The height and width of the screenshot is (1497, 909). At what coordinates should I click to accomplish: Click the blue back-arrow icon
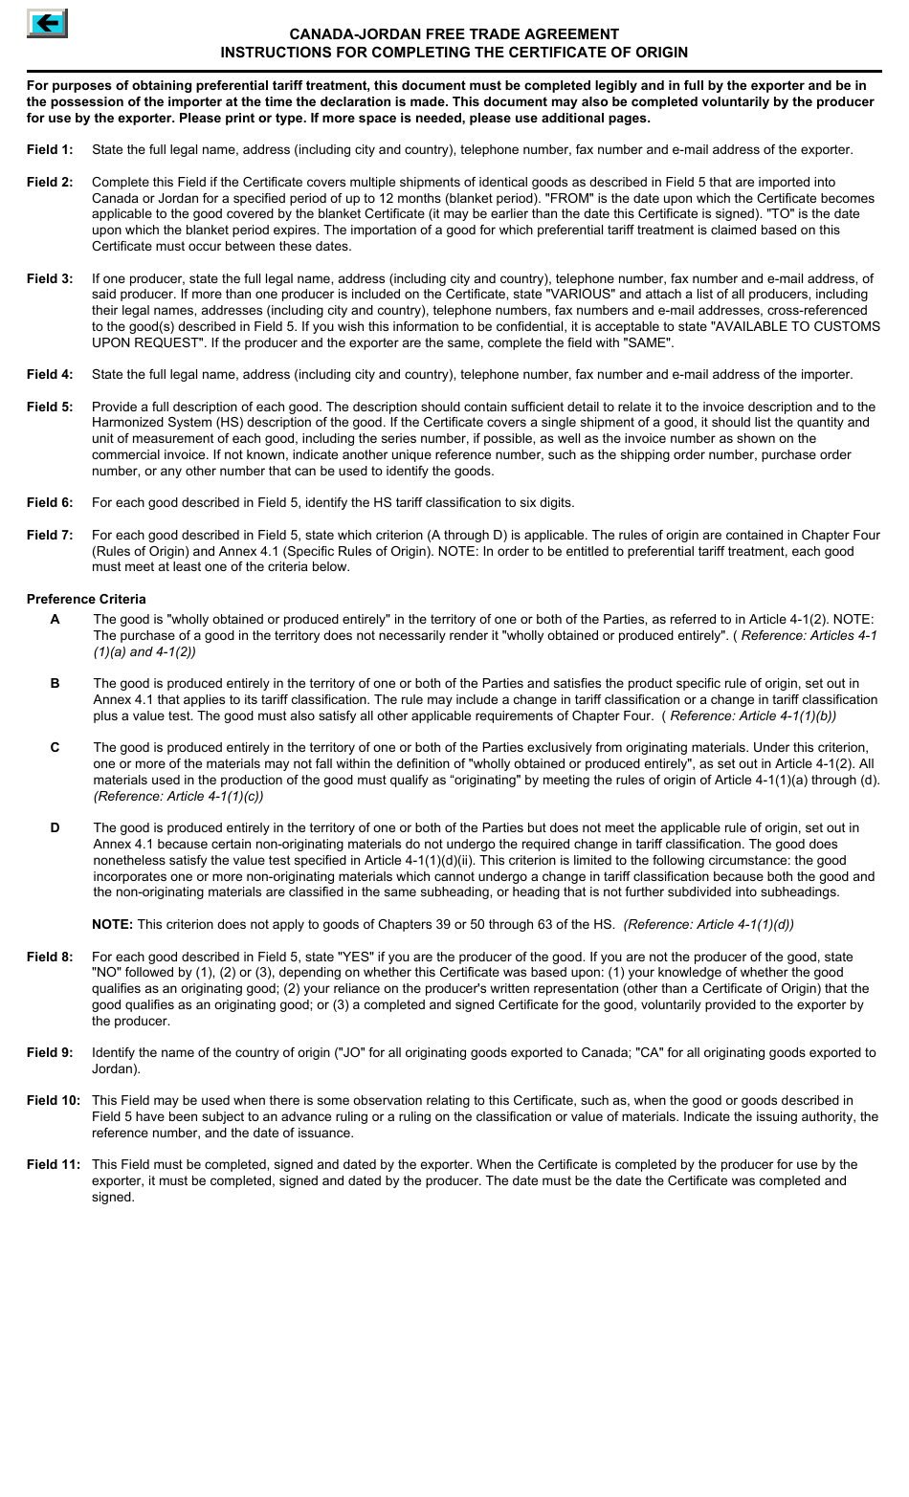click(x=47, y=22)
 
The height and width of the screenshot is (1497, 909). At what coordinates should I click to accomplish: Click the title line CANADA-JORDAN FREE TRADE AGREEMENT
click(x=454, y=34)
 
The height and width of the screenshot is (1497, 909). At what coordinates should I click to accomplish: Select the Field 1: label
click(x=50, y=150)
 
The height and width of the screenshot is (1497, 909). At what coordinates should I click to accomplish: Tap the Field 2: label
click(x=50, y=183)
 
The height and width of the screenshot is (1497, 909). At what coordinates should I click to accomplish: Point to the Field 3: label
click(x=50, y=279)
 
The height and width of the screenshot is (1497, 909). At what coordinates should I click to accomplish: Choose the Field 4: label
click(x=50, y=375)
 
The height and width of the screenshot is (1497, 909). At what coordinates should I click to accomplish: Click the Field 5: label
click(x=50, y=407)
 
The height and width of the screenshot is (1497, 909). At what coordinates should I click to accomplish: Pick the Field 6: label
click(x=50, y=503)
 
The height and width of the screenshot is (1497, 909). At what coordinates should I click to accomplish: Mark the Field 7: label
click(x=50, y=536)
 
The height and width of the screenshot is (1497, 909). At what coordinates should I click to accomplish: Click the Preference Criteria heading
click(x=86, y=600)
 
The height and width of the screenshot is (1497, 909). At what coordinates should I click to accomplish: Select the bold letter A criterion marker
click(x=55, y=620)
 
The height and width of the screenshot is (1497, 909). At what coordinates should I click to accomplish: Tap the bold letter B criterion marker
click(x=55, y=684)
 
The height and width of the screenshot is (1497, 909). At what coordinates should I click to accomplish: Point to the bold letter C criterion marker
click(x=55, y=748)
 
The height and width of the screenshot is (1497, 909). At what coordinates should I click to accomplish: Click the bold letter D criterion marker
click(x=55, y=828)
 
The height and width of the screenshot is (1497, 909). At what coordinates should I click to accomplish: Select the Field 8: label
click(x=50, y=958)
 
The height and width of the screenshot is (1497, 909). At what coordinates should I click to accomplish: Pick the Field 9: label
click(x=50, y=1053)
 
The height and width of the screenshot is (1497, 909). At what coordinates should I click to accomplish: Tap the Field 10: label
click(x=54, y=1101)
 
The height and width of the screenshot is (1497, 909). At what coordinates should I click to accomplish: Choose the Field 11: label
click(x=54, y=1165)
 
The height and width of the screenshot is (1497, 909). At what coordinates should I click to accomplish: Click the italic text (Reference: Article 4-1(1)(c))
click(x=178, y=796)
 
